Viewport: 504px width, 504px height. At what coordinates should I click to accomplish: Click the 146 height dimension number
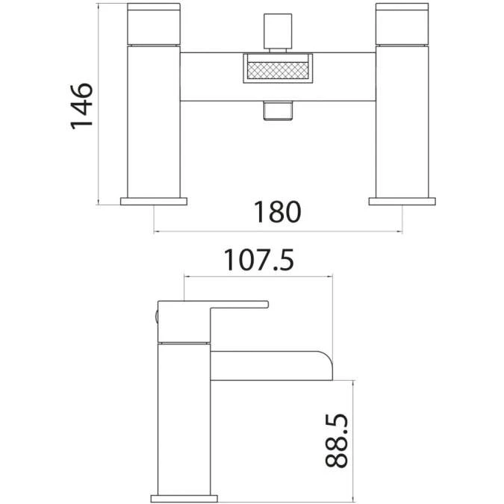pyautogui.click(x=81, y=105)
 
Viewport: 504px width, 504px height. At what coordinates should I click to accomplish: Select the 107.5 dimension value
pyautogui.click(x=258, y=261)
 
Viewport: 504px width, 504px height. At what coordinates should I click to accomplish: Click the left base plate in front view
pyautogui.click(x=154, y=200)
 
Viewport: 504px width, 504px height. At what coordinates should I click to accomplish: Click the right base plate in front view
pyautogui.click(x=402, y=200)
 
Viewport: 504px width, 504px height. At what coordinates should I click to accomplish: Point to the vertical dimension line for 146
pyautogui.click(x=99, y=105)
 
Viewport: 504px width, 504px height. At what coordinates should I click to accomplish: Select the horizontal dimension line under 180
pyautogui.click(x=278, y=232)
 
